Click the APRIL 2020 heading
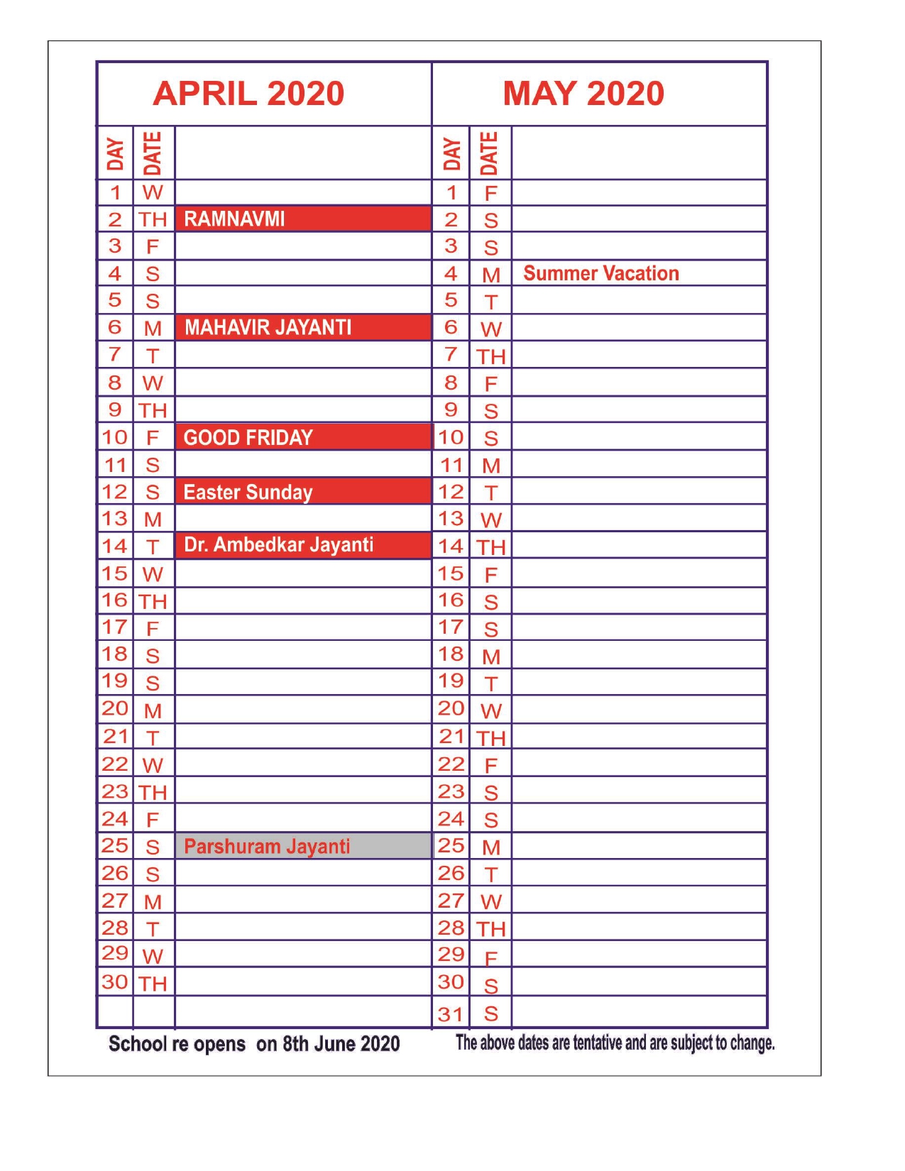click(x=248, y=94)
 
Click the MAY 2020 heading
click(x=583, y=94)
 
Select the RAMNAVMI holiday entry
click(x=234, y=219)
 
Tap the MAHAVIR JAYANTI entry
click(x=268, y=327)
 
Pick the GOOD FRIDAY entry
click(x=248, y=437)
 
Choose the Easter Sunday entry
click(x=248, y=492)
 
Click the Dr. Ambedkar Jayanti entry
click(x=278, y=545)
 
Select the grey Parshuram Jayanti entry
click(x=267, y=846)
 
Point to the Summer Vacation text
click(x=601, y=273)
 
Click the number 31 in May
click(x=451, y=1013)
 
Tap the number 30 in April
click(x=114, y=982)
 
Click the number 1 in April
click(x=115, y=192)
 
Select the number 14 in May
click(x=451, y=546)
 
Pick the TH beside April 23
click(x=153, y=792)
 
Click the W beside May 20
click(x=491, y=710)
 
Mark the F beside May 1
click(x=490, y=193)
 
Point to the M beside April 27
click(x=153, y=901)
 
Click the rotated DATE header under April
click(x=153, y=153)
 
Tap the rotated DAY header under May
click(x=451, y=154)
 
